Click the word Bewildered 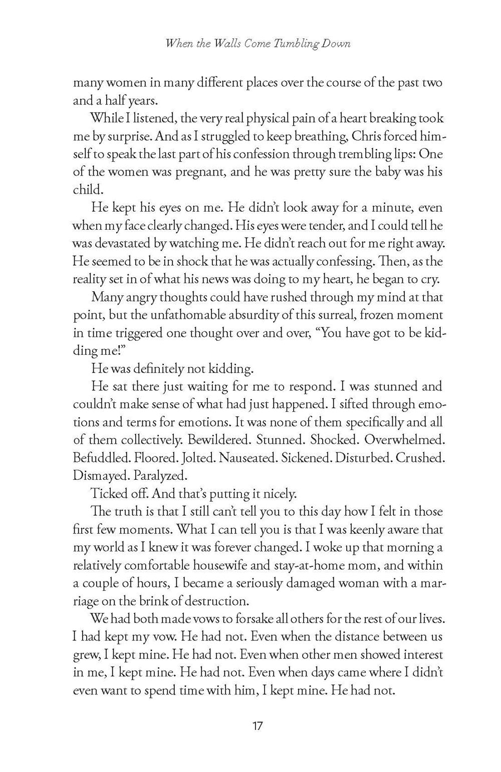[x=216, y=440]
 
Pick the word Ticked [x=107, y=493]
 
